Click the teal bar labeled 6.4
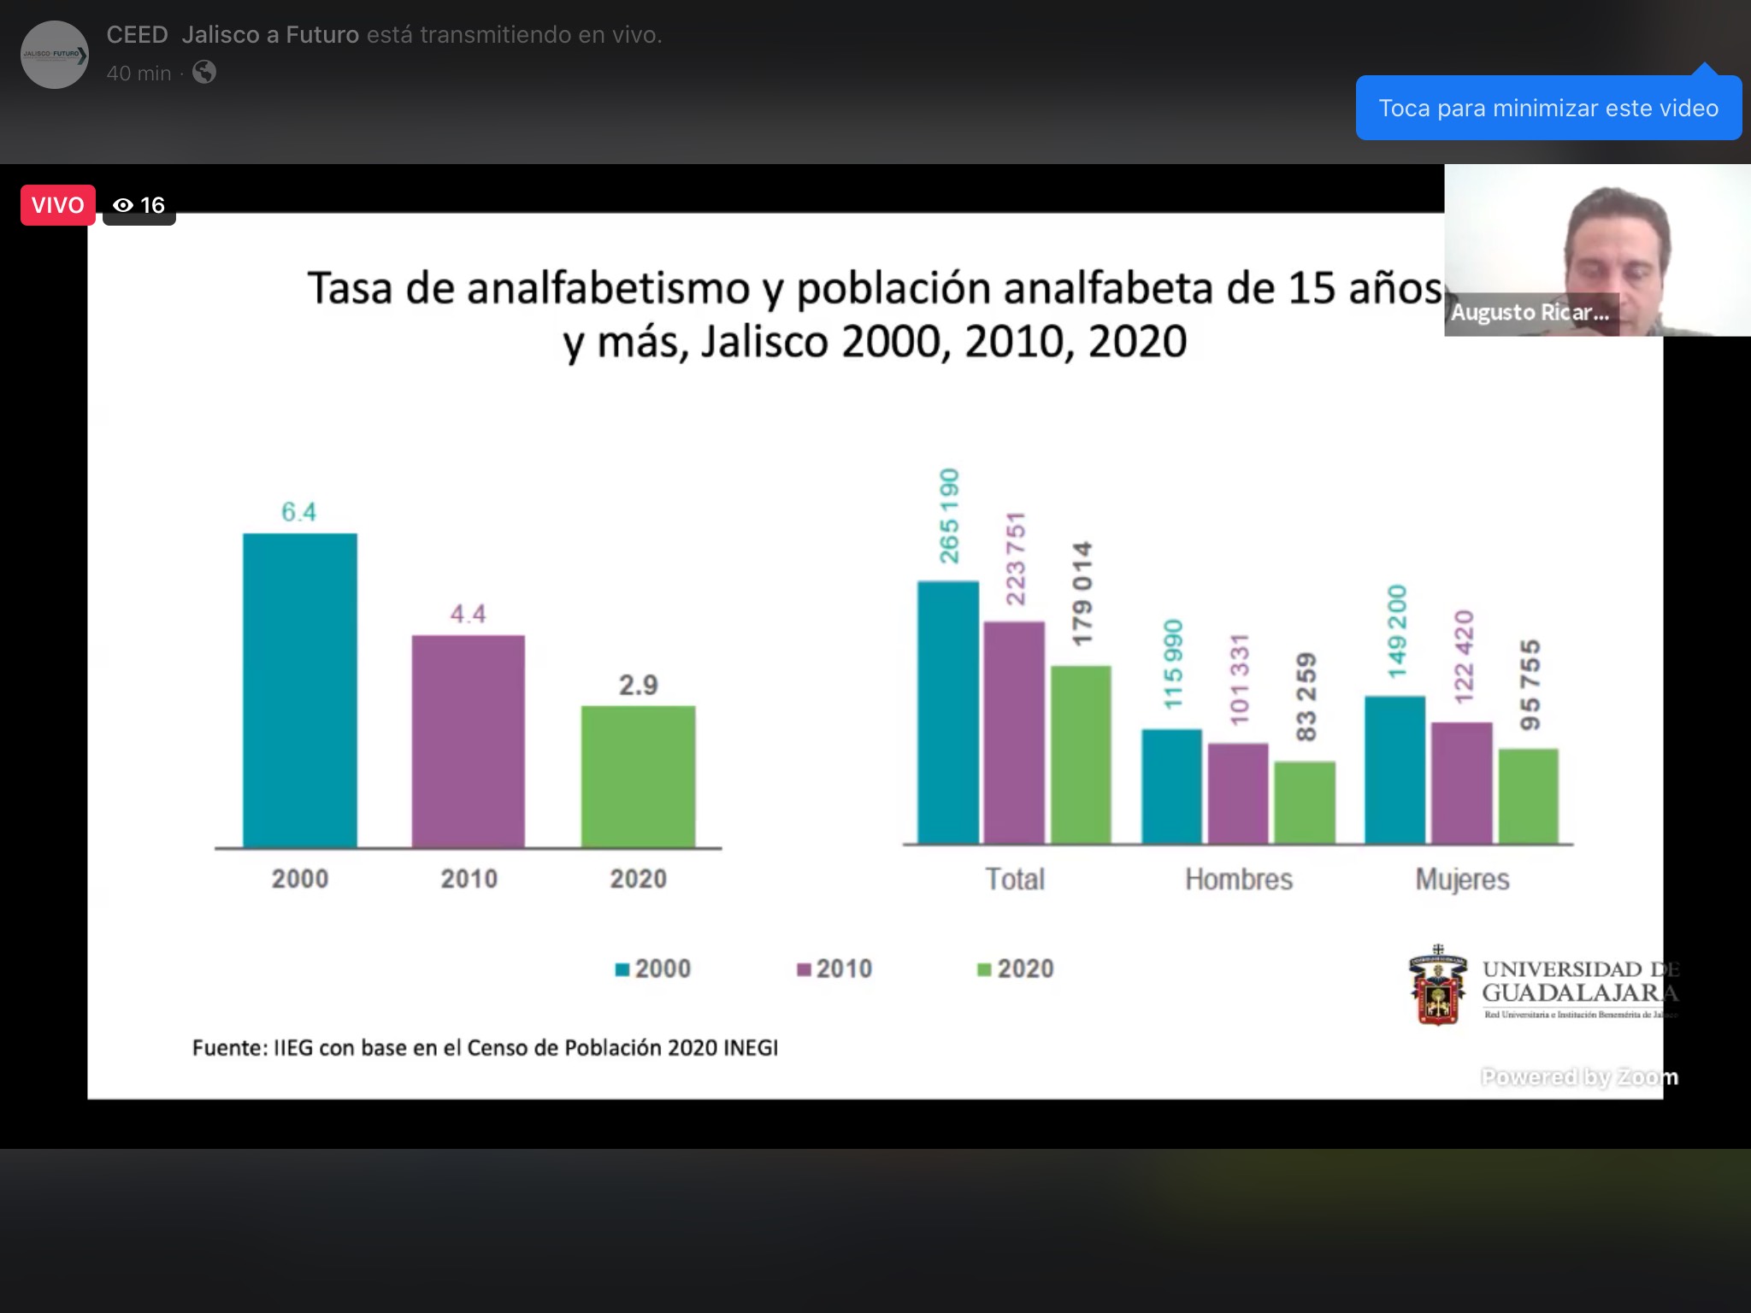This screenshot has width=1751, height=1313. click(299, 690)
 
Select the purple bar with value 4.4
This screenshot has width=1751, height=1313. click(468, 741)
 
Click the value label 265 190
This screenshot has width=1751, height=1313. click(949, 515)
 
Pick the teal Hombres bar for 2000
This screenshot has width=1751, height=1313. click(1171, 786)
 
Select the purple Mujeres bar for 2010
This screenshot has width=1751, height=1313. click(1462, 782)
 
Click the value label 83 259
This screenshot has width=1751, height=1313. click(1306, 697)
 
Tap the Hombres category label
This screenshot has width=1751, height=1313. click(1238, 879)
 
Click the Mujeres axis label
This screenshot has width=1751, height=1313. click(1462, 879)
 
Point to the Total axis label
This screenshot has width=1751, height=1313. click(1015, 879)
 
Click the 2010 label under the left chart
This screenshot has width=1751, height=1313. click(469, 879)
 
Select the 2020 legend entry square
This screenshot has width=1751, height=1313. click(984, 969)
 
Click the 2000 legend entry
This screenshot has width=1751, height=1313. click(654, 969)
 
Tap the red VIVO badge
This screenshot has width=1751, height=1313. click(57, 205)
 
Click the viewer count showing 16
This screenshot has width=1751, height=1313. click(139, 205)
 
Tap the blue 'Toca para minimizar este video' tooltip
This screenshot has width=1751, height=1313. click(1548, 109)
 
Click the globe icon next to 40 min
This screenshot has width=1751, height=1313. click(204, 73)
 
